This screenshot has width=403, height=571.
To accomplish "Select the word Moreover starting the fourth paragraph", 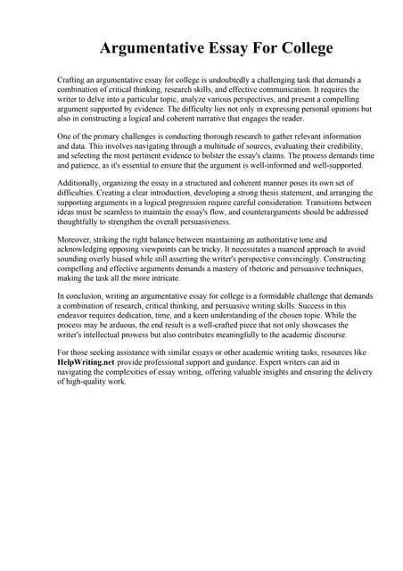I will [x=73, y=240].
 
